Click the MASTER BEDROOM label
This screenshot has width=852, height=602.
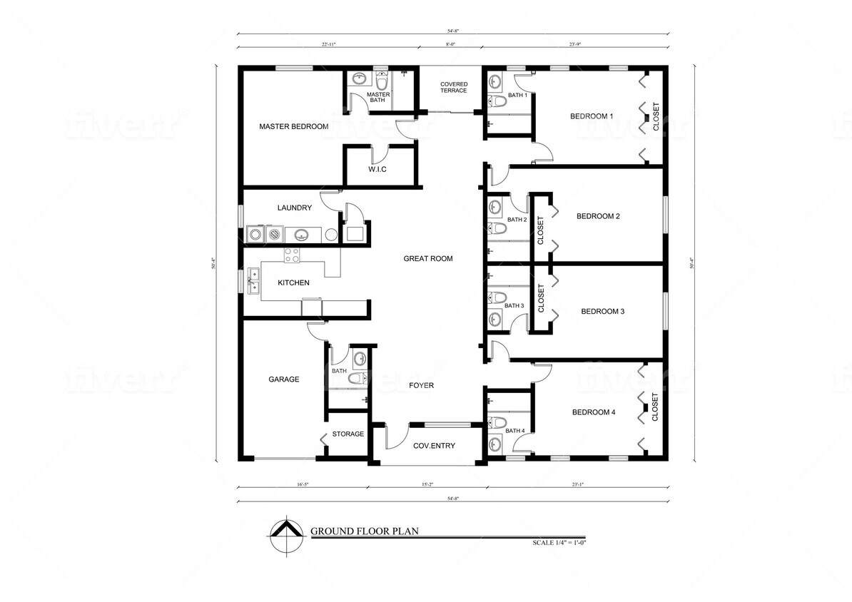293,126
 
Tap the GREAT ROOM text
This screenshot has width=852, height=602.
427,258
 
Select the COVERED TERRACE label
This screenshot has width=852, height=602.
453,87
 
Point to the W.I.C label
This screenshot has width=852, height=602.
377,169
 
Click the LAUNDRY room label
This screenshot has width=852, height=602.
294,208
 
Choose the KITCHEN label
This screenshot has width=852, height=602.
293,282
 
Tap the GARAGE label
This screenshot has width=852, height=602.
283,379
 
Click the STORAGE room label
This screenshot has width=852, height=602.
348,434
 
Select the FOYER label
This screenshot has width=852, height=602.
421,385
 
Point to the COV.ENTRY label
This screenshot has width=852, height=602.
434,446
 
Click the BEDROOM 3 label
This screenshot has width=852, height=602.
602,311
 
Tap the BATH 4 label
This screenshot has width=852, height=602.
515,430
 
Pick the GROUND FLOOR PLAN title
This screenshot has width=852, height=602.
363,531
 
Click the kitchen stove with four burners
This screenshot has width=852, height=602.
292,255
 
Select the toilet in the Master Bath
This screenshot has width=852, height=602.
382,80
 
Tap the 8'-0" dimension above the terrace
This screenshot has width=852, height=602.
450,44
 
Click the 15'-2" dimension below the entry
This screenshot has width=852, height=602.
427,484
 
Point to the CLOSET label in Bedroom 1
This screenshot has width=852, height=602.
656,117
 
